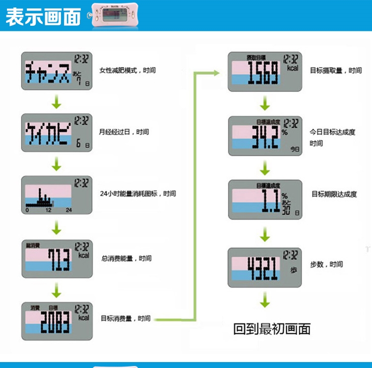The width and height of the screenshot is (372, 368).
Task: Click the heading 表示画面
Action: (x=43, y=16)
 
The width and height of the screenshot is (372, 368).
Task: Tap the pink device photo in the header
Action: (x=115, y=15)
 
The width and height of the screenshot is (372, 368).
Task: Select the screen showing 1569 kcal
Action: (x=264, y=72)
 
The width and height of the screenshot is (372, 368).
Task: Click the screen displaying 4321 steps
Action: (x=264, y=267)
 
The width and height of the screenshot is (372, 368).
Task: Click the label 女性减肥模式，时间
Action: (x=127, y=70)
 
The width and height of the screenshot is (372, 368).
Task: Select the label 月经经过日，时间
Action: (x=124, y=132)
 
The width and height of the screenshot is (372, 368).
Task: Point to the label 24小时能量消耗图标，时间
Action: (x=137, y=194)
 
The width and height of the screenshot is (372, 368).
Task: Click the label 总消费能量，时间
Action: (x=125, y=258)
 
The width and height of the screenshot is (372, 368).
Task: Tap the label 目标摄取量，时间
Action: (x=336, y=71)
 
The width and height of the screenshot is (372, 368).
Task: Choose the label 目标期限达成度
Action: (x=334, y=194)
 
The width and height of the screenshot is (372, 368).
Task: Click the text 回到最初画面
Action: (x=272, y=329)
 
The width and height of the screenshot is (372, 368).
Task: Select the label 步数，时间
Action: (x=326, y=264)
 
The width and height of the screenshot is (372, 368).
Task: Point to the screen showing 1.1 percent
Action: (x=264, y=200)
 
